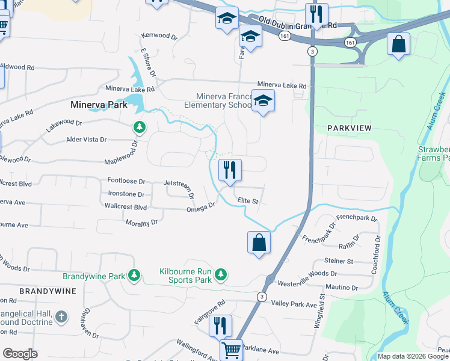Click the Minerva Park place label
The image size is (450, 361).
click(96, 104)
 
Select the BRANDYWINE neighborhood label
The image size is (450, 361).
click(48, 291)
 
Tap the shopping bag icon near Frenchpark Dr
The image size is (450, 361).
click(259, 242)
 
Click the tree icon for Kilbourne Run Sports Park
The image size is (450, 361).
click(221, 275)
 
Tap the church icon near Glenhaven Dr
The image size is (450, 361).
click(61, 316)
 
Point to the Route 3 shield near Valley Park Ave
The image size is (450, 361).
click(262, 297)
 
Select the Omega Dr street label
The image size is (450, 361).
click(201, 208)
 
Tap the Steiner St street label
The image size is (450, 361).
click(338, 261)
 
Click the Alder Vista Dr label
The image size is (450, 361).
click(86, 140)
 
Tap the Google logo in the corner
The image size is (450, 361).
click(20, 354)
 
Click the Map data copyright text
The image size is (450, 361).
click(413, 356)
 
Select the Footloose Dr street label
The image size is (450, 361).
click(126, 180)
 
